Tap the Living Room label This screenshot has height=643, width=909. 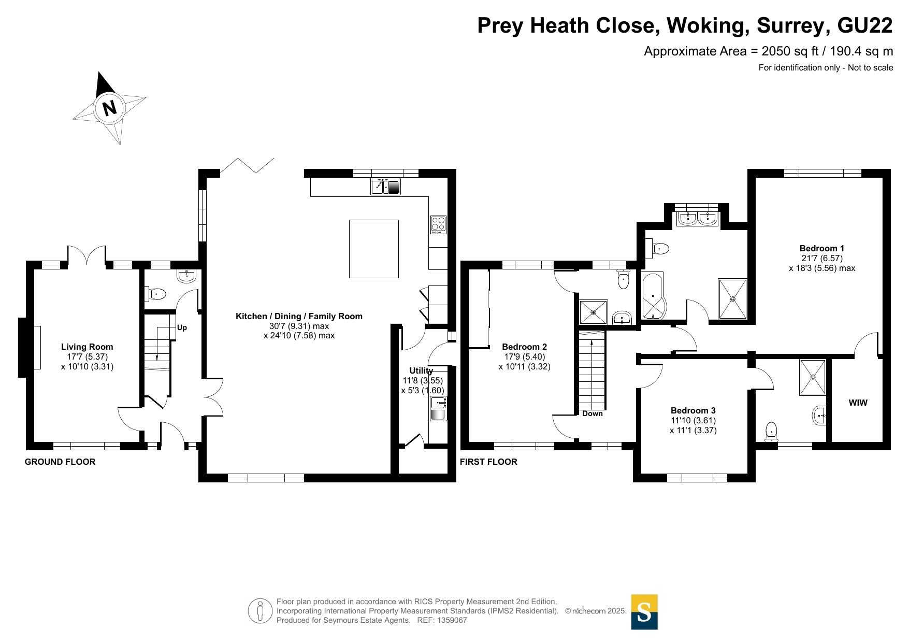point(87,347)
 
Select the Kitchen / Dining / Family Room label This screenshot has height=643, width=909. point(299,316)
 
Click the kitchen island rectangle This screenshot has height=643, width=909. point(374,249)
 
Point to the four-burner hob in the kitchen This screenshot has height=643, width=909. point(438,225)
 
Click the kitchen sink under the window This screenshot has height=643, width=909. point(386,187)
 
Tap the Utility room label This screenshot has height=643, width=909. point(421,370)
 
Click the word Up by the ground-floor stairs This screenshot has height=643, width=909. point(182,327)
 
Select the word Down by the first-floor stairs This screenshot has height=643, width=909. point(593,413)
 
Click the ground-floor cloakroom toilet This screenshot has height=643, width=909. point(157,295)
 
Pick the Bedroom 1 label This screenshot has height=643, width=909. point(822,248)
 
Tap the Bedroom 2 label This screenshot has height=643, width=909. point(525,347)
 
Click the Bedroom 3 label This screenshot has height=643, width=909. point(693,410)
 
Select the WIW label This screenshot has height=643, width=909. point(858,403)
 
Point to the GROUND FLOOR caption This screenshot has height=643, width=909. point(60,462)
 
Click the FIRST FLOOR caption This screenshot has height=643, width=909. point(488,462)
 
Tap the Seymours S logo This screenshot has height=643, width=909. point(644,612)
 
